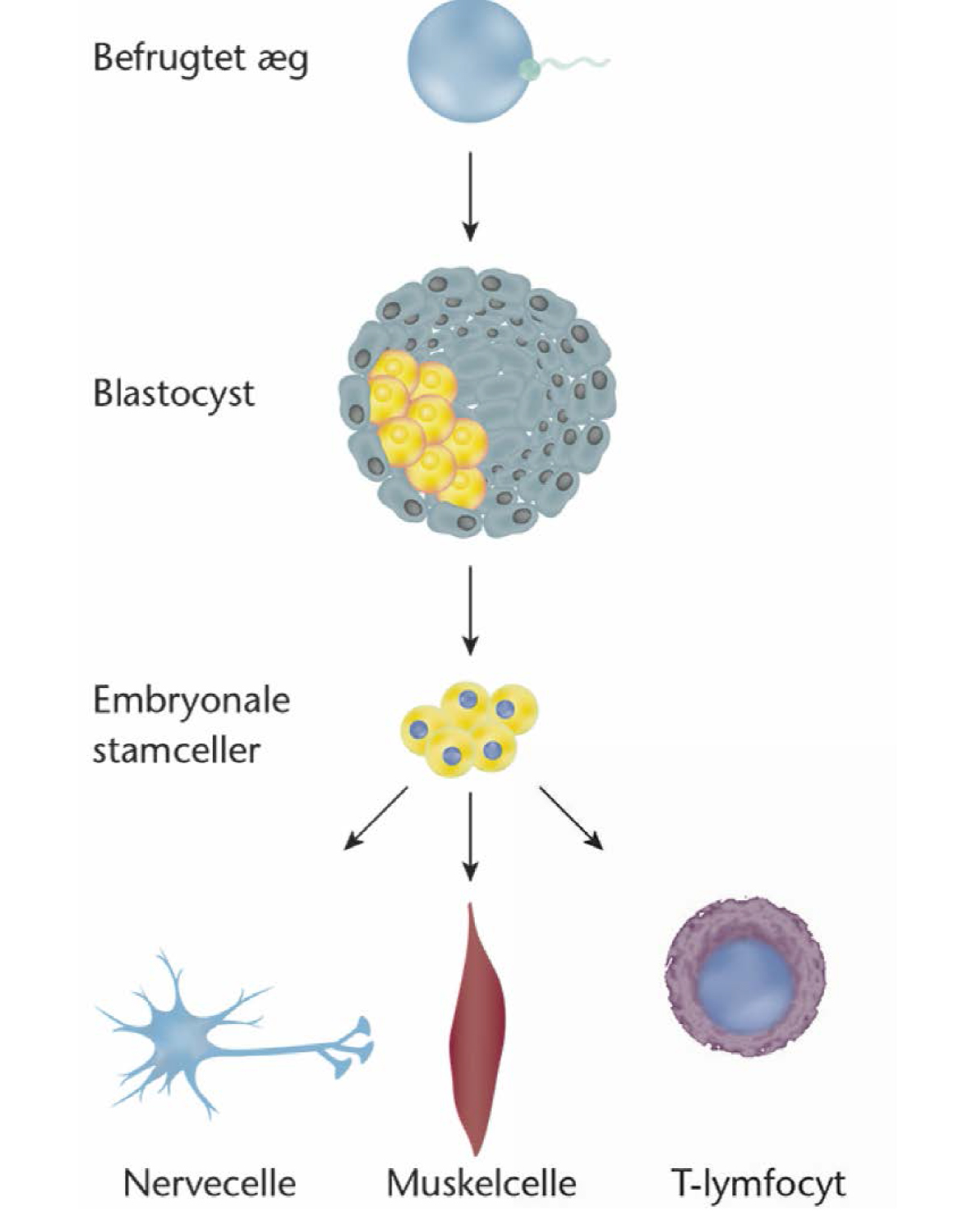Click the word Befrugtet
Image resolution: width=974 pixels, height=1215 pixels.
169,59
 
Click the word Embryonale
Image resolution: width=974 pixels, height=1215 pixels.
191,701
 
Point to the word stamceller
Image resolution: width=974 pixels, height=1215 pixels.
176,751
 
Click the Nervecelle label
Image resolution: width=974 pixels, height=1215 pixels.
210,1179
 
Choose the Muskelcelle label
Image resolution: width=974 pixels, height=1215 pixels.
481,1179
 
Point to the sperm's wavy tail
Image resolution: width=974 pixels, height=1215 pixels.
574,64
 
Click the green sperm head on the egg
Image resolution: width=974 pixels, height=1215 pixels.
530,69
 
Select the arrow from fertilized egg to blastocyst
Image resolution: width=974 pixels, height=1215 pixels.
470,197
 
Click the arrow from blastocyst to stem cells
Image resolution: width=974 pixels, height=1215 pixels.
470,610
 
